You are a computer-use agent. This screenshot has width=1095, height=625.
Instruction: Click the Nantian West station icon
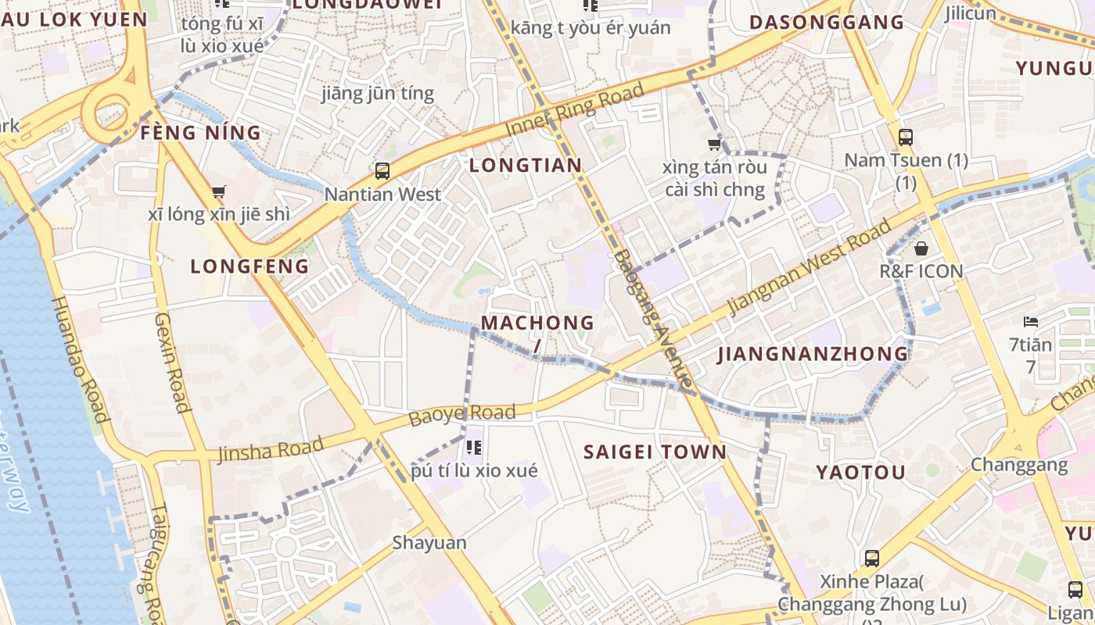(x=382, y=170)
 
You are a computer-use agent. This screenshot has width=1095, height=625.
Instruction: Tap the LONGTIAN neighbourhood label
(x=526, y=165)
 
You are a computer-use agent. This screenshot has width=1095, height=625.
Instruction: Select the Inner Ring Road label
(x=575, y=110)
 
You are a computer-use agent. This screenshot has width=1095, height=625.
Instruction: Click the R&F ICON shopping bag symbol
(x=921, y=248)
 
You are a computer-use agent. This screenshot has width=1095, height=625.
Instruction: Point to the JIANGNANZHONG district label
(x=813, y=354)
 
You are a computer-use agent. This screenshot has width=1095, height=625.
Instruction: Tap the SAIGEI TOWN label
(x=655, y=452)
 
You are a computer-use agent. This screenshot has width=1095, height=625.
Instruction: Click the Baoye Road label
(x=462, y=415)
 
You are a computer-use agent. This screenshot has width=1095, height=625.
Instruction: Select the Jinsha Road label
(x=271, y=450)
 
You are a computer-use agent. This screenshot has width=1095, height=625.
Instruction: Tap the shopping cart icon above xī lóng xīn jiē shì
(x=219, y=191)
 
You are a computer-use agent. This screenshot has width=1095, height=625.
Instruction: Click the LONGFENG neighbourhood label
(x=250, y=266)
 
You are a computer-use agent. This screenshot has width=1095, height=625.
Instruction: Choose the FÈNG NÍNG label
(x=200, y=133)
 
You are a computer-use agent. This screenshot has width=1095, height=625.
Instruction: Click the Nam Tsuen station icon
(x=906, y=137)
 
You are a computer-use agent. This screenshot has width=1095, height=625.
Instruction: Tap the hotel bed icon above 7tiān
(x=1031, y=322)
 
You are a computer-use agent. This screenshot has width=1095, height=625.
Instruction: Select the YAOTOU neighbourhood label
(x=861, y=472)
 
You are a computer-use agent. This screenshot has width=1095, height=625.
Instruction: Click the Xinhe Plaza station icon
(x=872, y=559)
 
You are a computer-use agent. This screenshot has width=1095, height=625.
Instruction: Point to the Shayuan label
(x=429, y=542)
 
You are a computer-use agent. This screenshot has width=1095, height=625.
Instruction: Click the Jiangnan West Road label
(x=810, y=267)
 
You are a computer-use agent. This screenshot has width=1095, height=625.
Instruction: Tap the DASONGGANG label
(x=827, y=22)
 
